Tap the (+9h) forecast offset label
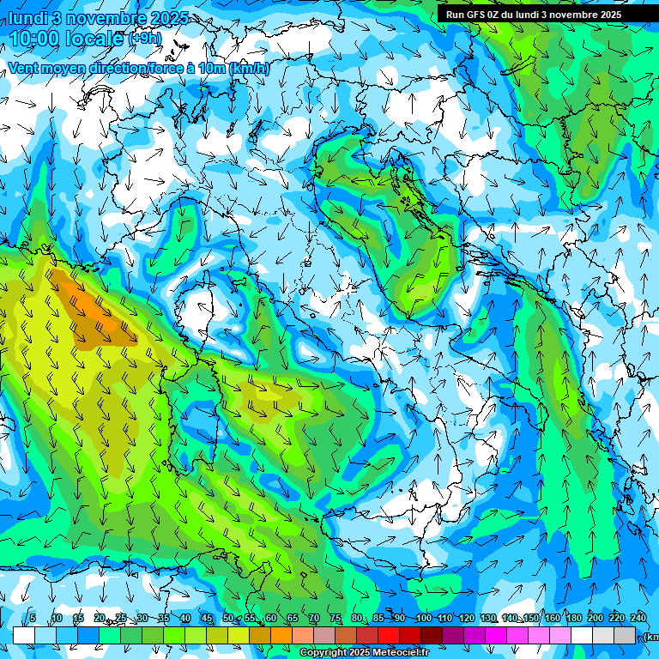click(144, 39)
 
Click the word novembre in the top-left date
click(100, 18)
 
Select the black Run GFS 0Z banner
click(533, 15)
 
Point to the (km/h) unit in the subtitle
click(249, 69)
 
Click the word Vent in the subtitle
click(24, 69)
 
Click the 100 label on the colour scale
click(423, 619)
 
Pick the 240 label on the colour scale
click(638, 619)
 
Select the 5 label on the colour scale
click(33, 619)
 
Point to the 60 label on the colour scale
click(271, 619)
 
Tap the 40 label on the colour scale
click(185, 619)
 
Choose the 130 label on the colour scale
click(488, 619)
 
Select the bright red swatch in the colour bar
click(390, 635)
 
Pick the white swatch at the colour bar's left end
click(23, 635)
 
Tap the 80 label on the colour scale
click(357, 619)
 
